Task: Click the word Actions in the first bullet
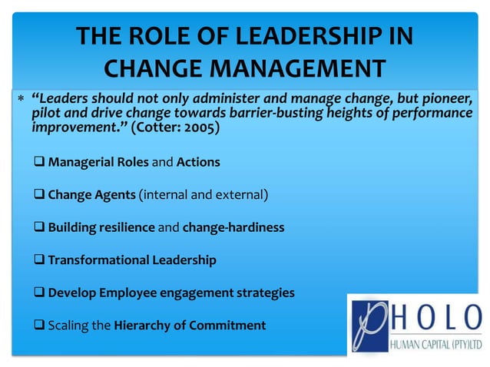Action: pyautogui.click(x=198, y=163)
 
